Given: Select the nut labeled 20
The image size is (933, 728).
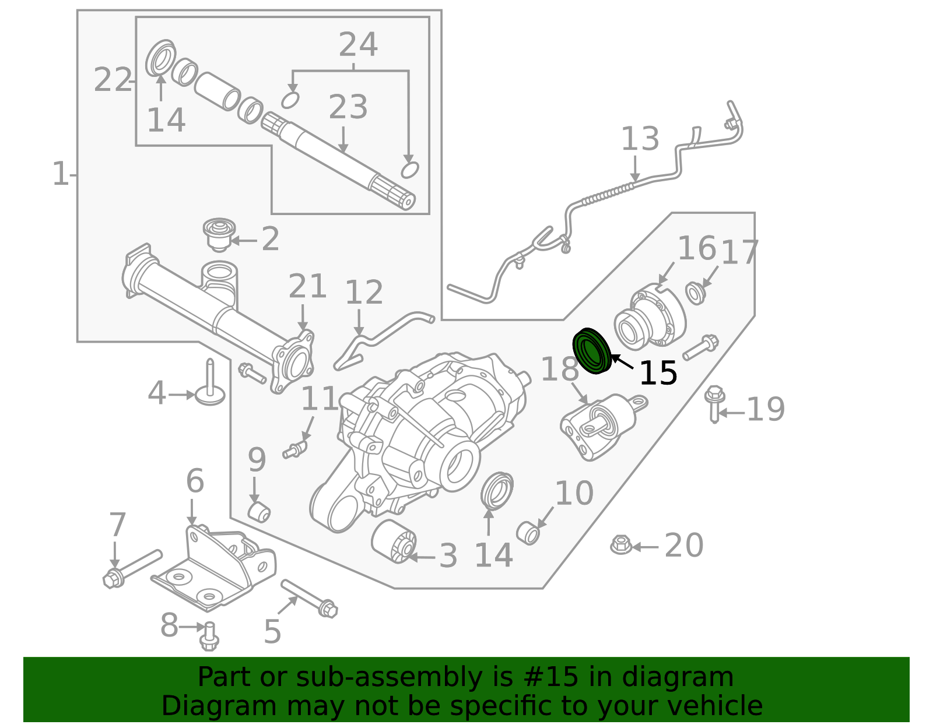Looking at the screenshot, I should click(620, 545).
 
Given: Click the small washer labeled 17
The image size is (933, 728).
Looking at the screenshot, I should click(695, 293).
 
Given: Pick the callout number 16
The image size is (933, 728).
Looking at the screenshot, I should click(696, 249).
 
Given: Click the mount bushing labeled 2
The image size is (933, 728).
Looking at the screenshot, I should click(219, 234).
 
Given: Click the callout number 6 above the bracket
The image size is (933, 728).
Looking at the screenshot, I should click(195, 481).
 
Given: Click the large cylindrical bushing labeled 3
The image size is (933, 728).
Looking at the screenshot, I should click(394, 542).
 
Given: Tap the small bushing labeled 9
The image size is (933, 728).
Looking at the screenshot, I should click(259, 511).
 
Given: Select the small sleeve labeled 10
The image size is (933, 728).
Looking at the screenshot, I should click(528, 533).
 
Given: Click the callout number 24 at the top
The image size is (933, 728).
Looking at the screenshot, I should click(358, 45).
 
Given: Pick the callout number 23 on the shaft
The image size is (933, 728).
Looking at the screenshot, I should click(348, 107).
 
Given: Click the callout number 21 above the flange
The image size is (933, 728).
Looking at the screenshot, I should click(307, 287).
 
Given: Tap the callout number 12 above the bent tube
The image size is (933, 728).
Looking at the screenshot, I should click(364, 293).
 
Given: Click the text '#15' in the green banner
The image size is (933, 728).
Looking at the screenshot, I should click(551, 677).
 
